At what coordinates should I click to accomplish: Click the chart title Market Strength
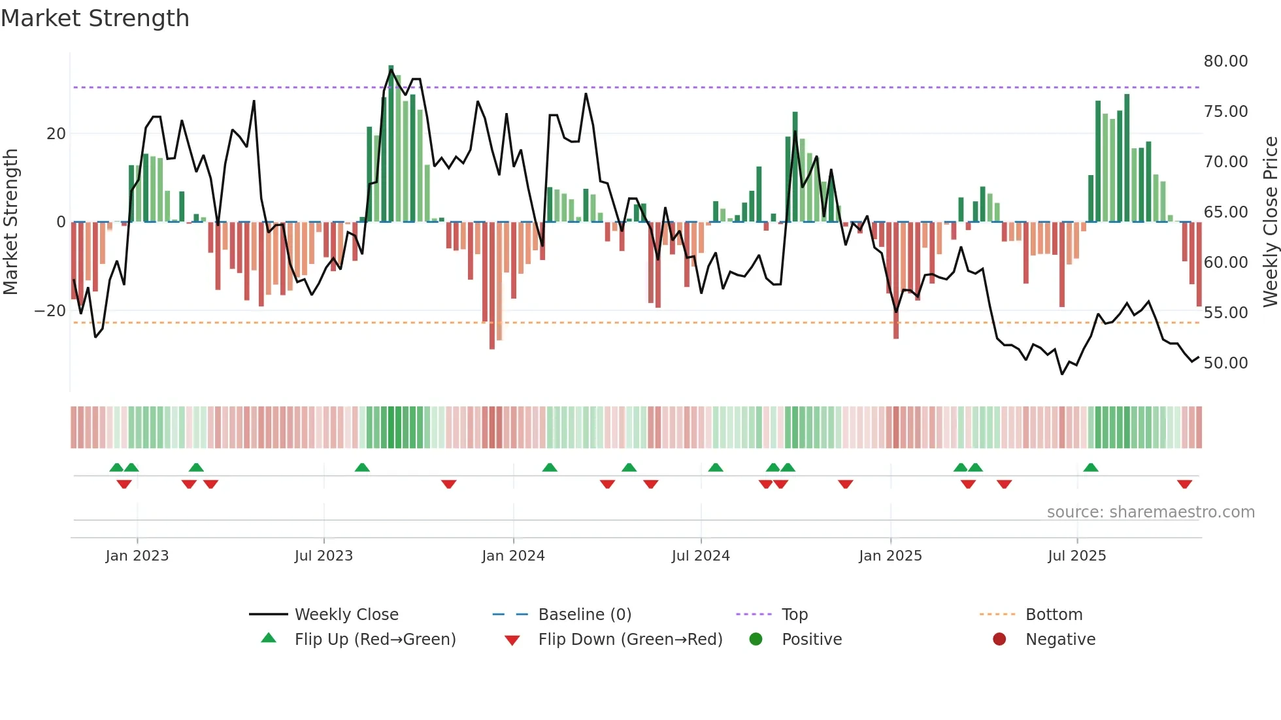click(x=95, y=18)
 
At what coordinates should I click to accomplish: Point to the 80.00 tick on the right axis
click(x=1225, y=61)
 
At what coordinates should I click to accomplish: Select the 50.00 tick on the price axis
click(x=1225, y=363)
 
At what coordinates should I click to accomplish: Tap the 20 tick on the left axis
click(x=56, y=134)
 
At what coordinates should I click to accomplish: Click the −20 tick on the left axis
click(x=50, y=311)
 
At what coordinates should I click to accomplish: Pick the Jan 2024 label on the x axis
click(x=513, y=556)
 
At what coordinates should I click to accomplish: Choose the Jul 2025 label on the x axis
click(x=1076, y=556)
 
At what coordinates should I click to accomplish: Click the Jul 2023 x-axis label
click(x=324, y=556)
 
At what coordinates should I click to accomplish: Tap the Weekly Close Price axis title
click(x=1270, y=222)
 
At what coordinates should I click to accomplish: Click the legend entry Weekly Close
click(x=346, y=615)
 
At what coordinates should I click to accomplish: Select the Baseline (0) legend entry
click(x=584, y=615)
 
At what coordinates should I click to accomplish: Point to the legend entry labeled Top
click(x=795, y=615)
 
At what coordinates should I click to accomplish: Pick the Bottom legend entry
click(x=1054, y=615)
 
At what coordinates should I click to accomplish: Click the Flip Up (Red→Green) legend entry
click(x=374, y=640)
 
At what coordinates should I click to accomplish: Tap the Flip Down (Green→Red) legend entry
click(x=630, y=640)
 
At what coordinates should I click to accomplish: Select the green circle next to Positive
click(x=756, y=640)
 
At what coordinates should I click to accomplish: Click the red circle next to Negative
click(x=999, y=640)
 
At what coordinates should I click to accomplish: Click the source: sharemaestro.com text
click(x=1150, y=512)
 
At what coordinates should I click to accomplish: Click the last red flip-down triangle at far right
click(x=1184, y=484)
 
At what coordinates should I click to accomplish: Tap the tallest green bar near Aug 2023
click(x=391, y=144)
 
